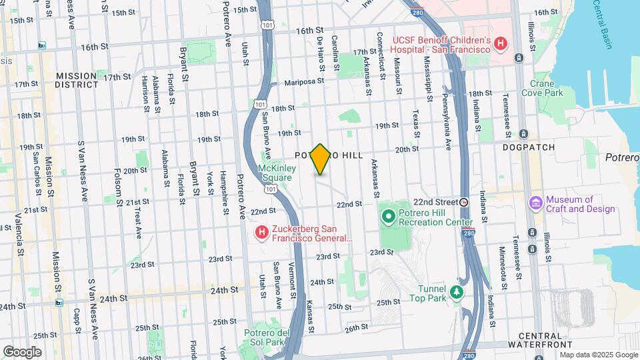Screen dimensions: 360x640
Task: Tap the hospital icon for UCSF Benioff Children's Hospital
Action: [x=501, y=45]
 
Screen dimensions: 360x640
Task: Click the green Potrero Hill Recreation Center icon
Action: [x=389, y=216]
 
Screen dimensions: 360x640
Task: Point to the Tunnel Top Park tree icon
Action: [x=456, y=292]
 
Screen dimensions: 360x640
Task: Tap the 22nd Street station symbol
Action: [x=465, y=201]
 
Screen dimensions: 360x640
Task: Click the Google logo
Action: [x=22, y=351]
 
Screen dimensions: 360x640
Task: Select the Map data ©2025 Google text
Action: [x=598, y=354]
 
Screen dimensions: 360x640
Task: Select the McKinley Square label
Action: [x=277, y=173]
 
